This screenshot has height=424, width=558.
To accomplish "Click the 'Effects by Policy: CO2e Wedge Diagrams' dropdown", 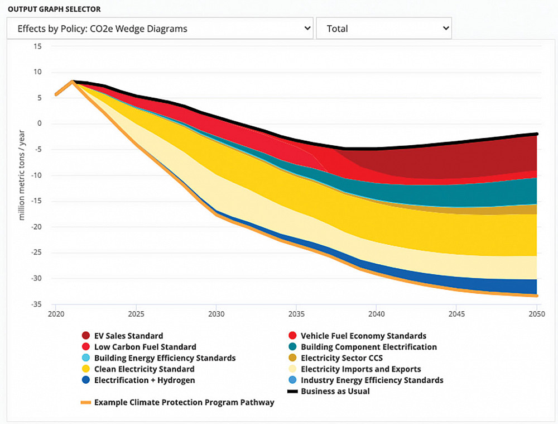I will coord(160,28).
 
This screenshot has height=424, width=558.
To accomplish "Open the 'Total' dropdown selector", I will coord(383,28).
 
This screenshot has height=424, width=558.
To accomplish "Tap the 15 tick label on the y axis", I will coord(37,46).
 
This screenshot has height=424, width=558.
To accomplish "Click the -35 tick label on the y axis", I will coord(36,304).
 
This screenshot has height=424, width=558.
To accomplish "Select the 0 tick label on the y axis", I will coord(39,123).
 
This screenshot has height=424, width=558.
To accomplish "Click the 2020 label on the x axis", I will coord(56,314).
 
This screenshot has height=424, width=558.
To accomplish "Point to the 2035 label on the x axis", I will coord(296,314).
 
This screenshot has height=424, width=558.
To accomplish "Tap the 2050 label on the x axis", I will coord(537,314).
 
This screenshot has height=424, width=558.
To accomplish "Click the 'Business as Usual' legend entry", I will coord(335,391).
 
